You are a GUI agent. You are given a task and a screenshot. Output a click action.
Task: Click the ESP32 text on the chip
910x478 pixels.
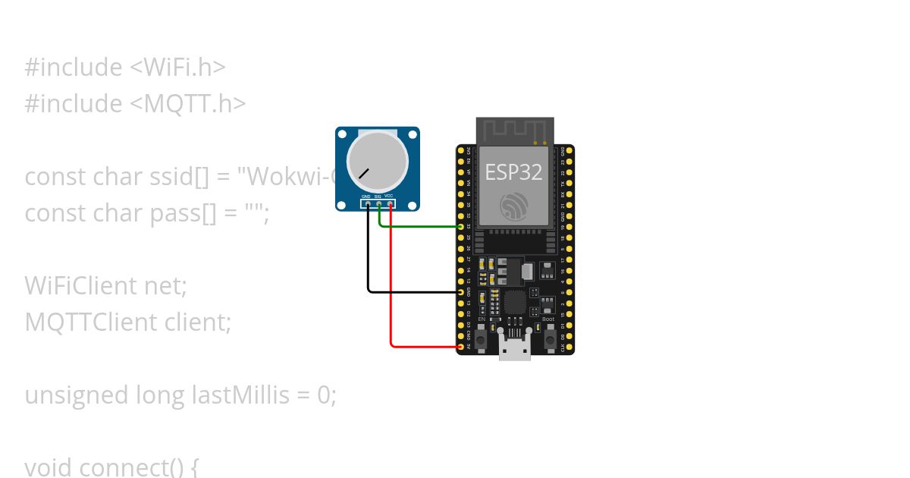point(513,172)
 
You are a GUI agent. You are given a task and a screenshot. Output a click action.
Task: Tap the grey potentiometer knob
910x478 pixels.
point(377,161)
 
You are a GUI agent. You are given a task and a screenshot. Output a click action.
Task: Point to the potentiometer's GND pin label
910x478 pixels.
point(366,197)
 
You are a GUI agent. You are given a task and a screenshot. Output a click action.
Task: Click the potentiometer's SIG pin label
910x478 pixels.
point(378,197)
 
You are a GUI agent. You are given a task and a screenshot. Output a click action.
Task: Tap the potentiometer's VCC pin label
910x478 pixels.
point(389,197)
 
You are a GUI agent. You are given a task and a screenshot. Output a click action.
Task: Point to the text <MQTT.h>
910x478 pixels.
point(189,103)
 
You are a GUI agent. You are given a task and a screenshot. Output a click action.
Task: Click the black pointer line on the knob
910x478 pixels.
point(364,172)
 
